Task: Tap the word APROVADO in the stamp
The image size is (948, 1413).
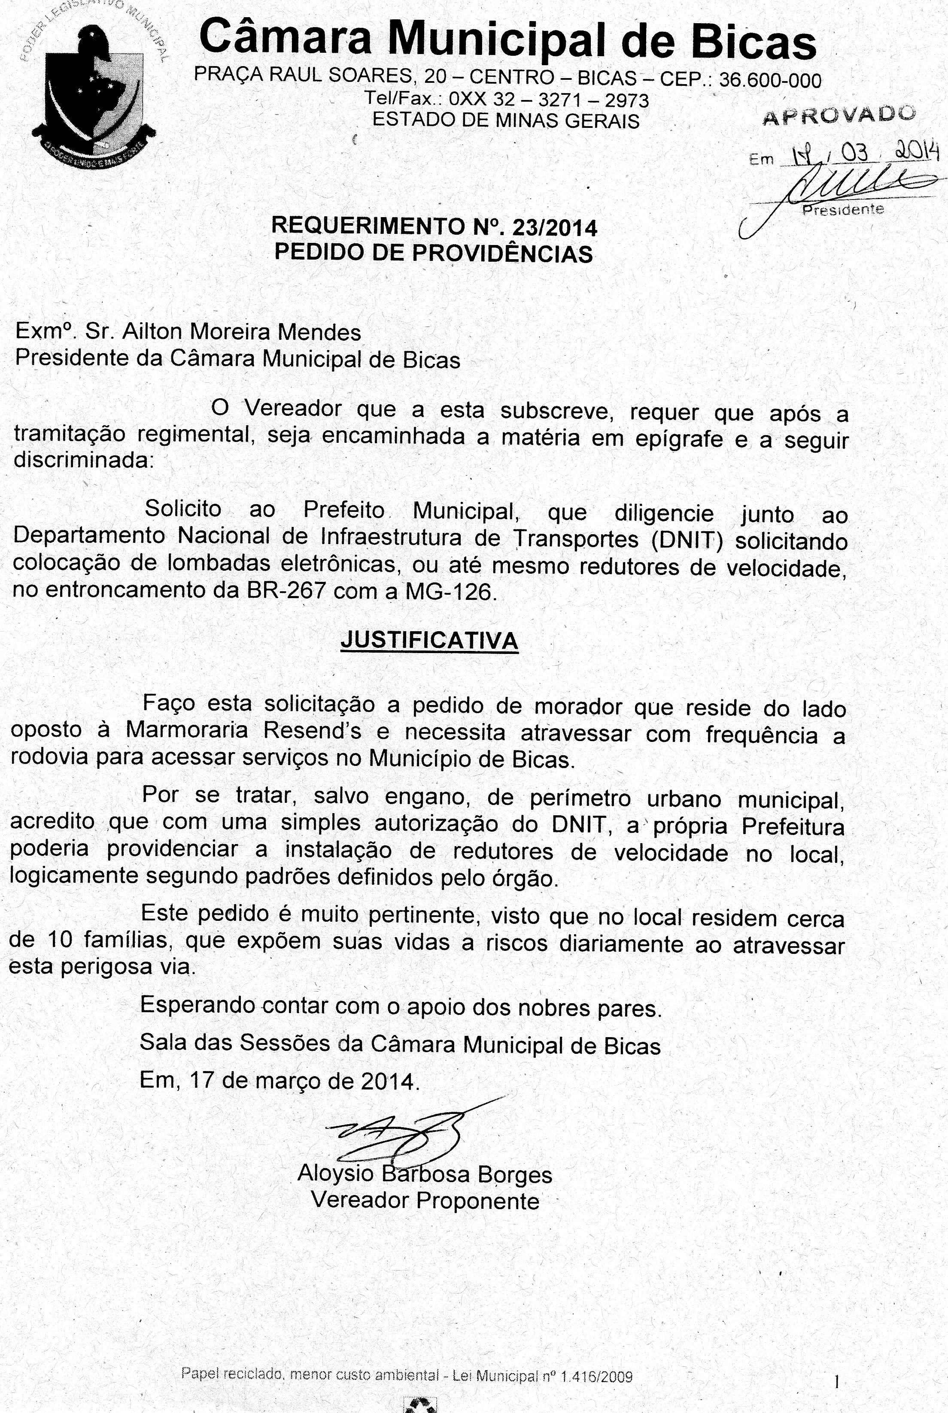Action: (839, 114)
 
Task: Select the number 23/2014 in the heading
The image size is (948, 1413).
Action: (554, 228)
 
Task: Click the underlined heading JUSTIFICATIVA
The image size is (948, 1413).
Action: (429, 640)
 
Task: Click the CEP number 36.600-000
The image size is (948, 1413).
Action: (770, 80)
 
